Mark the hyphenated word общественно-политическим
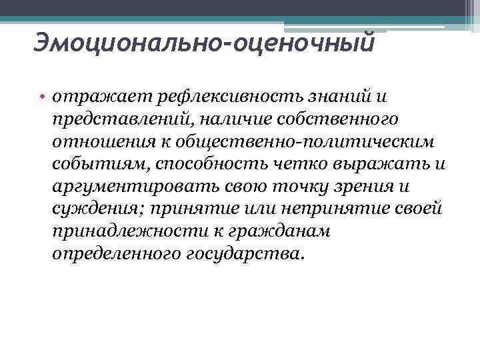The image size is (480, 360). pyautogui.click(x=295, y=143)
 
